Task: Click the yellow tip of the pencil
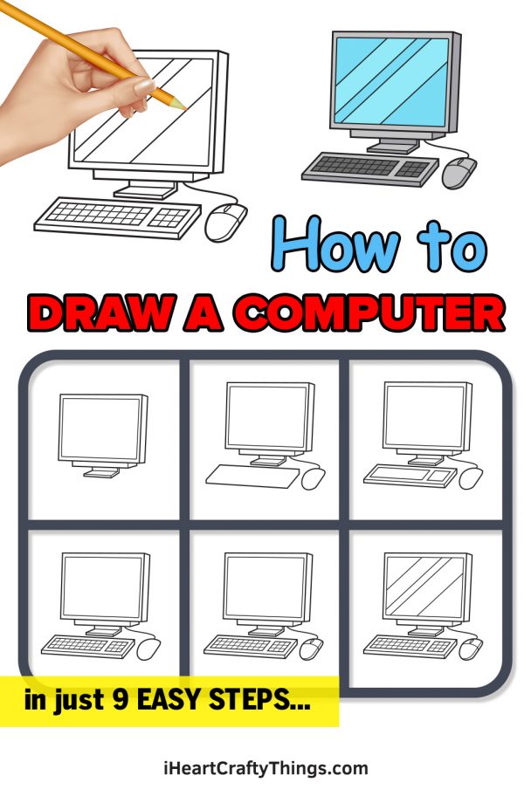[182, 105]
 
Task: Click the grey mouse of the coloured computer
[459, 172]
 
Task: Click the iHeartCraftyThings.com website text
[265, 769]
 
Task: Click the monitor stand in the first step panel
[102, 471]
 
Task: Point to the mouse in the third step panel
[471, 477]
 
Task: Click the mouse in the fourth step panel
[148, 648]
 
